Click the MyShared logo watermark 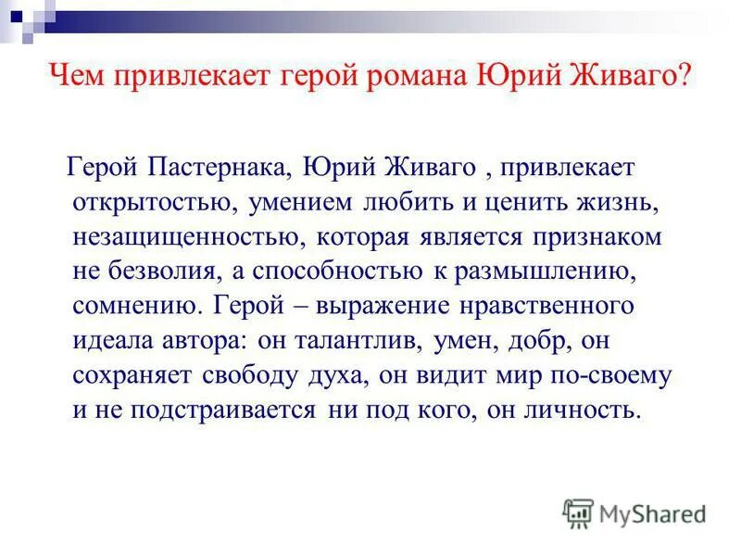click(x=634, y=511)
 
